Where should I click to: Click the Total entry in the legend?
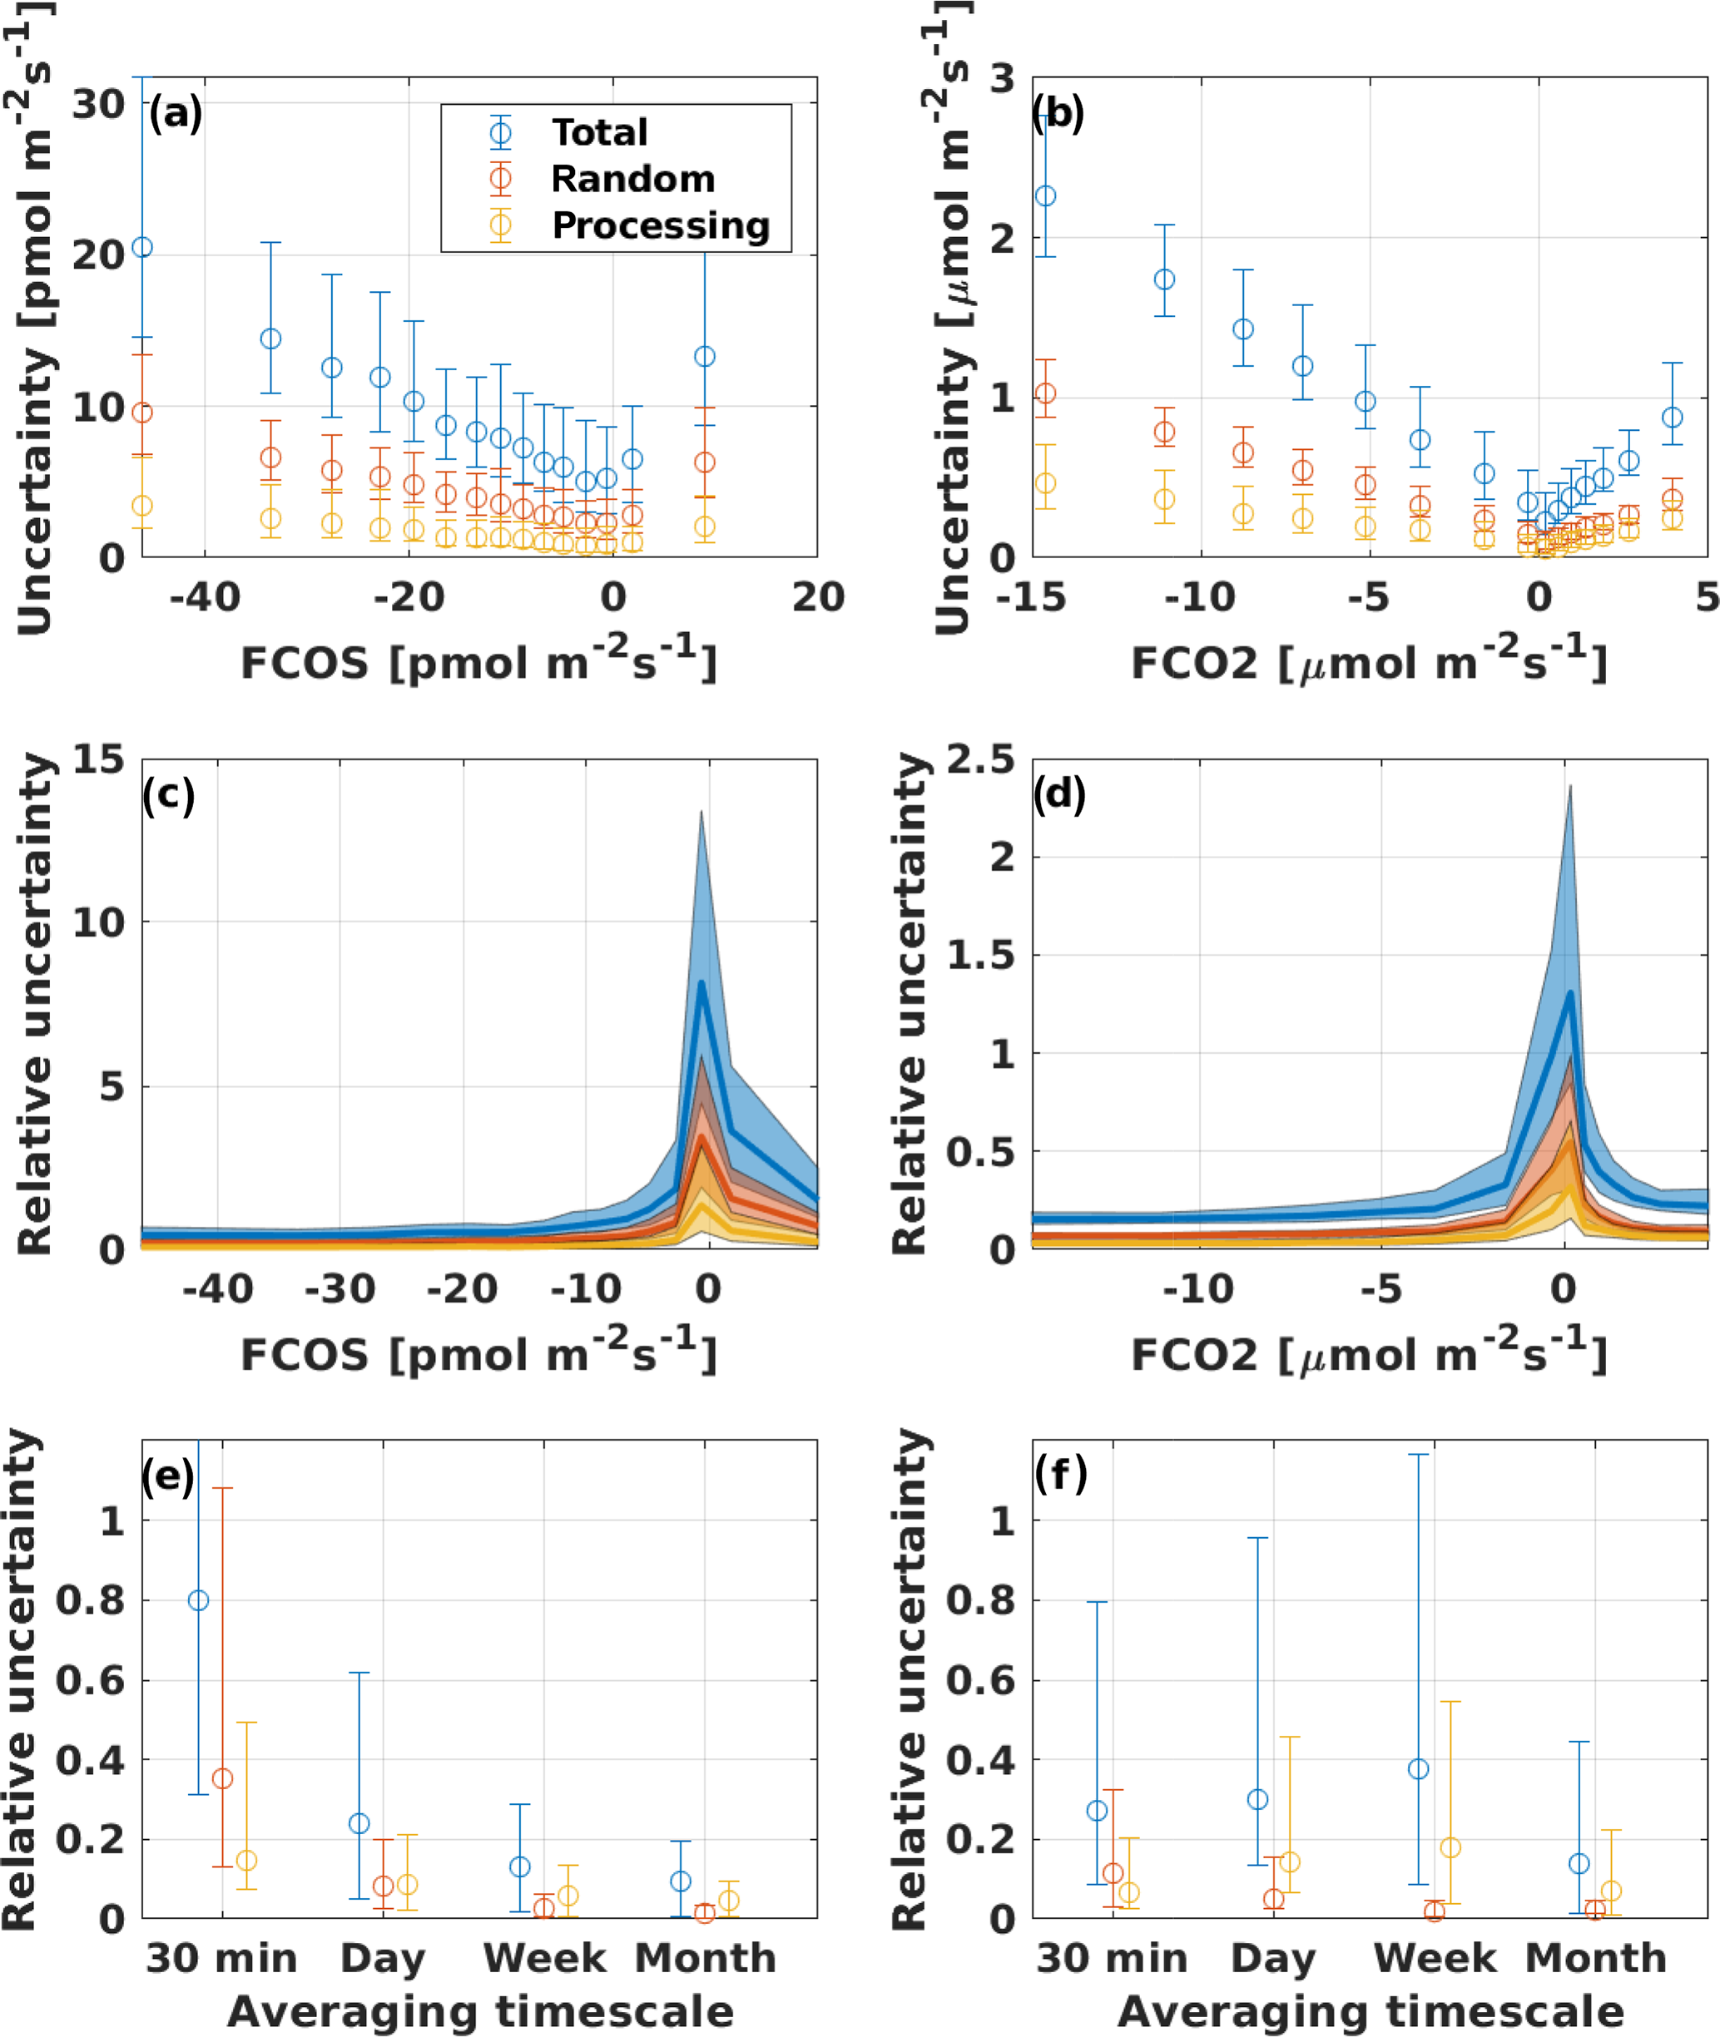(x=598, y=132)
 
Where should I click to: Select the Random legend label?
(x=632, y=180)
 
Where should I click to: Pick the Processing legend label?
(x=660, y=226)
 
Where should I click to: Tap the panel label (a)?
(x=176, y=114)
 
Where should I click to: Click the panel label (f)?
(x=1060, y=1475)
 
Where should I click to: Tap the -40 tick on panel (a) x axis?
(x=205, y=596)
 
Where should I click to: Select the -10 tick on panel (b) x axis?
(x=1200, y=596)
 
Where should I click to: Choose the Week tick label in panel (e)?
(x=544, y=1958)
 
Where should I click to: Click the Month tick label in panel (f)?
(x=1595, y=1958)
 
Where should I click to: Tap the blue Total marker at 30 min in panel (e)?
(x=198, y=1601)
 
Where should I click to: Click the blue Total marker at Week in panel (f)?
(x=1419, y=1769)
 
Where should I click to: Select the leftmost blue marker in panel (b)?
(x=1045, y=196)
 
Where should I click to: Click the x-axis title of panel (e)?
(x=480, y=2012)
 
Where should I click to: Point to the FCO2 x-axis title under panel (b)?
(x=1369, y=663)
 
